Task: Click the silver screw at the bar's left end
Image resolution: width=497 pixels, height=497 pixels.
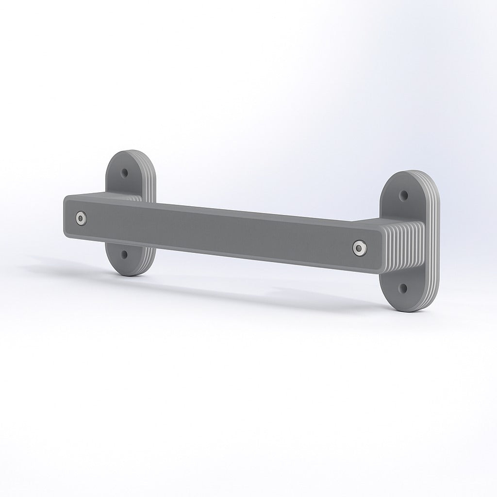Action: pos(80,218)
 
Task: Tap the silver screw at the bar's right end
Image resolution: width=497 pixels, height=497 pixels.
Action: pos(359,248)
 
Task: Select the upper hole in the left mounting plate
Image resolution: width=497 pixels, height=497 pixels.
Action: pos(125,173)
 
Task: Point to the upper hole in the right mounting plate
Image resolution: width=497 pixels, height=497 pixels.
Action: pos(403,195)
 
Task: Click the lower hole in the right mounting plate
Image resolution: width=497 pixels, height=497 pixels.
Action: pos(402,288)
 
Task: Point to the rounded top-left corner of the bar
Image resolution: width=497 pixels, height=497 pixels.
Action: pos(68,198)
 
